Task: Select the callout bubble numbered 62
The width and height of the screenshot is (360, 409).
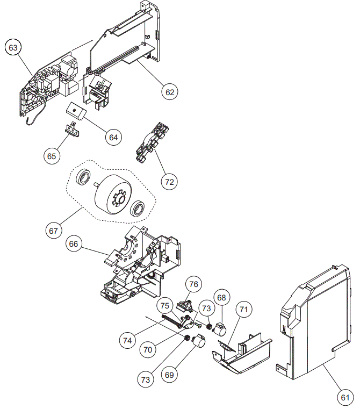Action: point(170,92)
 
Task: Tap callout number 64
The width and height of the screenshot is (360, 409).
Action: point(113,137)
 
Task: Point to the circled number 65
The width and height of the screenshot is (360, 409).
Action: point(52,156)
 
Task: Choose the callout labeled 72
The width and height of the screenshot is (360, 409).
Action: point(170,182)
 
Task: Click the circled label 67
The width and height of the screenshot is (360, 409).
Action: point(53,231)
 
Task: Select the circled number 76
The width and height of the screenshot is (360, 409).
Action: point(193,284)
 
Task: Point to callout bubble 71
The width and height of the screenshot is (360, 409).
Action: point(244,310)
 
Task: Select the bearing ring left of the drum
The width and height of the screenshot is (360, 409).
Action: point(84,178)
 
